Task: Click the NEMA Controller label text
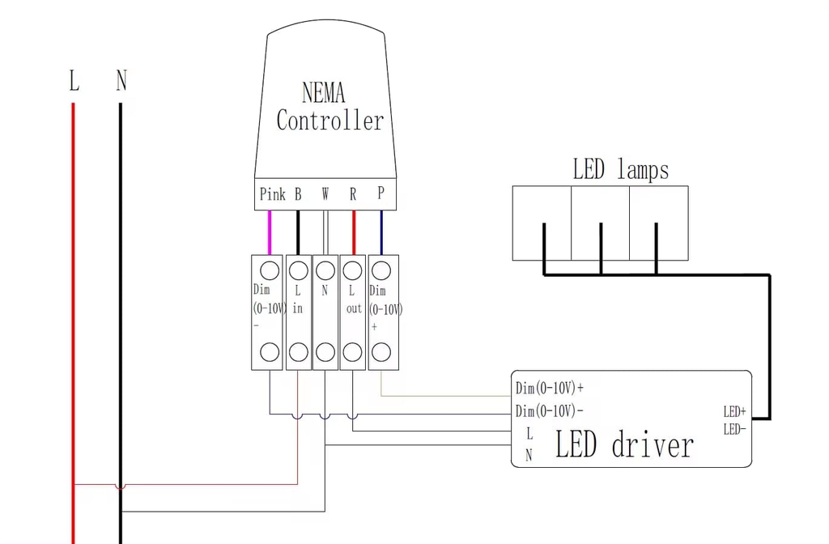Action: point(330,106)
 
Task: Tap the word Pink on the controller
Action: point(272,194)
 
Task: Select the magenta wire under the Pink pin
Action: point(270,232)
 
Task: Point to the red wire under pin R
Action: point(354,232)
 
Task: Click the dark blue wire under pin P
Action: point(382,232)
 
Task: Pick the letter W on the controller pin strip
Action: point(325,194)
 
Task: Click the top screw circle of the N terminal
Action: point(325,270)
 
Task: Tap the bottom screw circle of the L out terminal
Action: point(353,352)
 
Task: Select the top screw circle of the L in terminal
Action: point(298,270)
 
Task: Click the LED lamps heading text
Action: point(621,170)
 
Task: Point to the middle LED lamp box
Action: point(600,223)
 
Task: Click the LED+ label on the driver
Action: point(734,411)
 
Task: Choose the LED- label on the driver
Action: point(734,429)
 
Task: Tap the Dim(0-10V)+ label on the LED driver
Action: point(550,389)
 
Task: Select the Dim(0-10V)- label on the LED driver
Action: point(550,410)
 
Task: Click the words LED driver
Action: point(624,444)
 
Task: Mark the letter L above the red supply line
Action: point(74,80)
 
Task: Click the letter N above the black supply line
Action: point(121,80)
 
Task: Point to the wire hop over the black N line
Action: point(121,487)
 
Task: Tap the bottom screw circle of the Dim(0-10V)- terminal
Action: point(270,352)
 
